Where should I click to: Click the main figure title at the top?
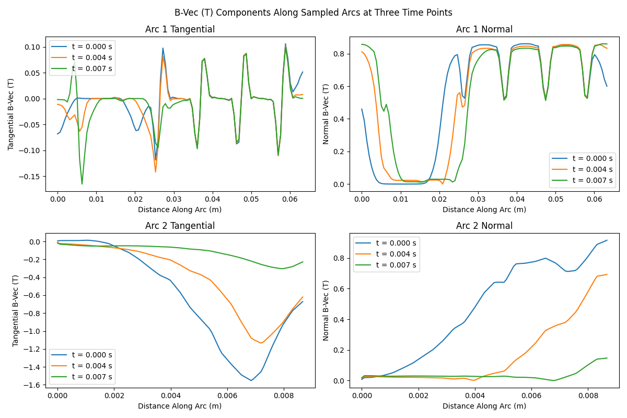pos(313,13)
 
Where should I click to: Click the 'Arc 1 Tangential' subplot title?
pos(180,30)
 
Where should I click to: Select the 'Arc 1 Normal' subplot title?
pos(484,30)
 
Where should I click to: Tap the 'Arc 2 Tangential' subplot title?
pos(180,226)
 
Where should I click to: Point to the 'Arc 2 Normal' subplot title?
pos(484,226)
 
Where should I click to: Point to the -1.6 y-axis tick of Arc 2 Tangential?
pos(33,385)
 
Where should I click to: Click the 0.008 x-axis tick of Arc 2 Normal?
pos(588,396)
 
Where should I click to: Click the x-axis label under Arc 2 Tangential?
pos(180,406)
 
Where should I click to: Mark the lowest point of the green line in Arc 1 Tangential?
pos(82,184)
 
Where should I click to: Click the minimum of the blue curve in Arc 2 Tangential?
pos(251,380)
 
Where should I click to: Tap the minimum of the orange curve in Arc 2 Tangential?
pos(261,343)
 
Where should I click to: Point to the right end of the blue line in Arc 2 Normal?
pos(607,240)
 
